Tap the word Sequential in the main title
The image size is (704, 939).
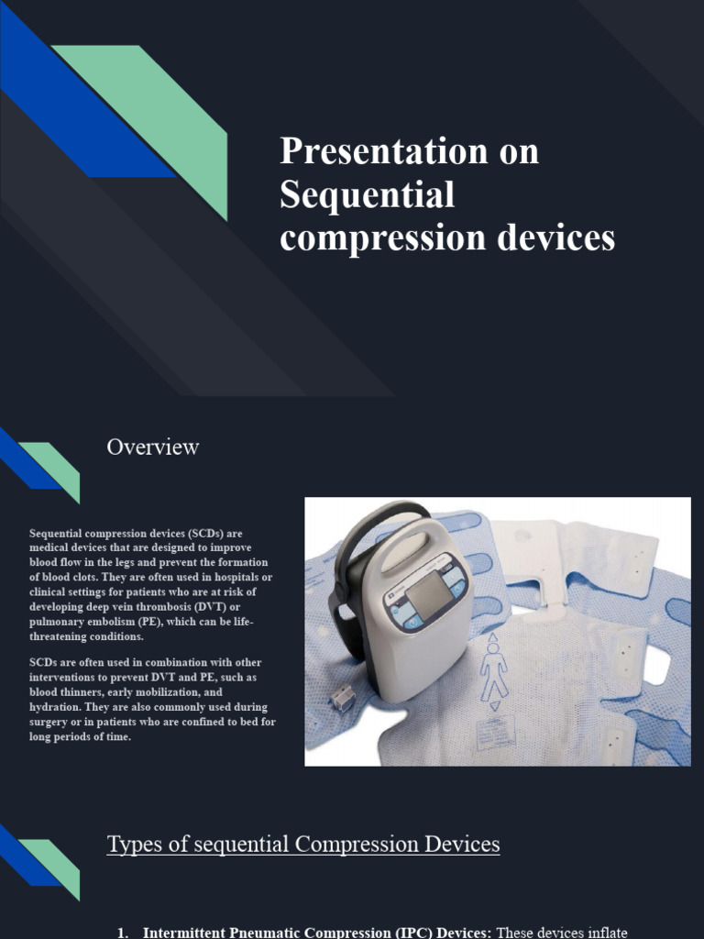(x=367, y=194)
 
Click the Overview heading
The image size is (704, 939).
(x=152, y=447)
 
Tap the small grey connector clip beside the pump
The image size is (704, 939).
(x=342, y=700)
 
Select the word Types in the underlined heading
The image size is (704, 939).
(x=132, y=845)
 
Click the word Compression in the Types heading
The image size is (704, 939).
(x=368, y=845)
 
